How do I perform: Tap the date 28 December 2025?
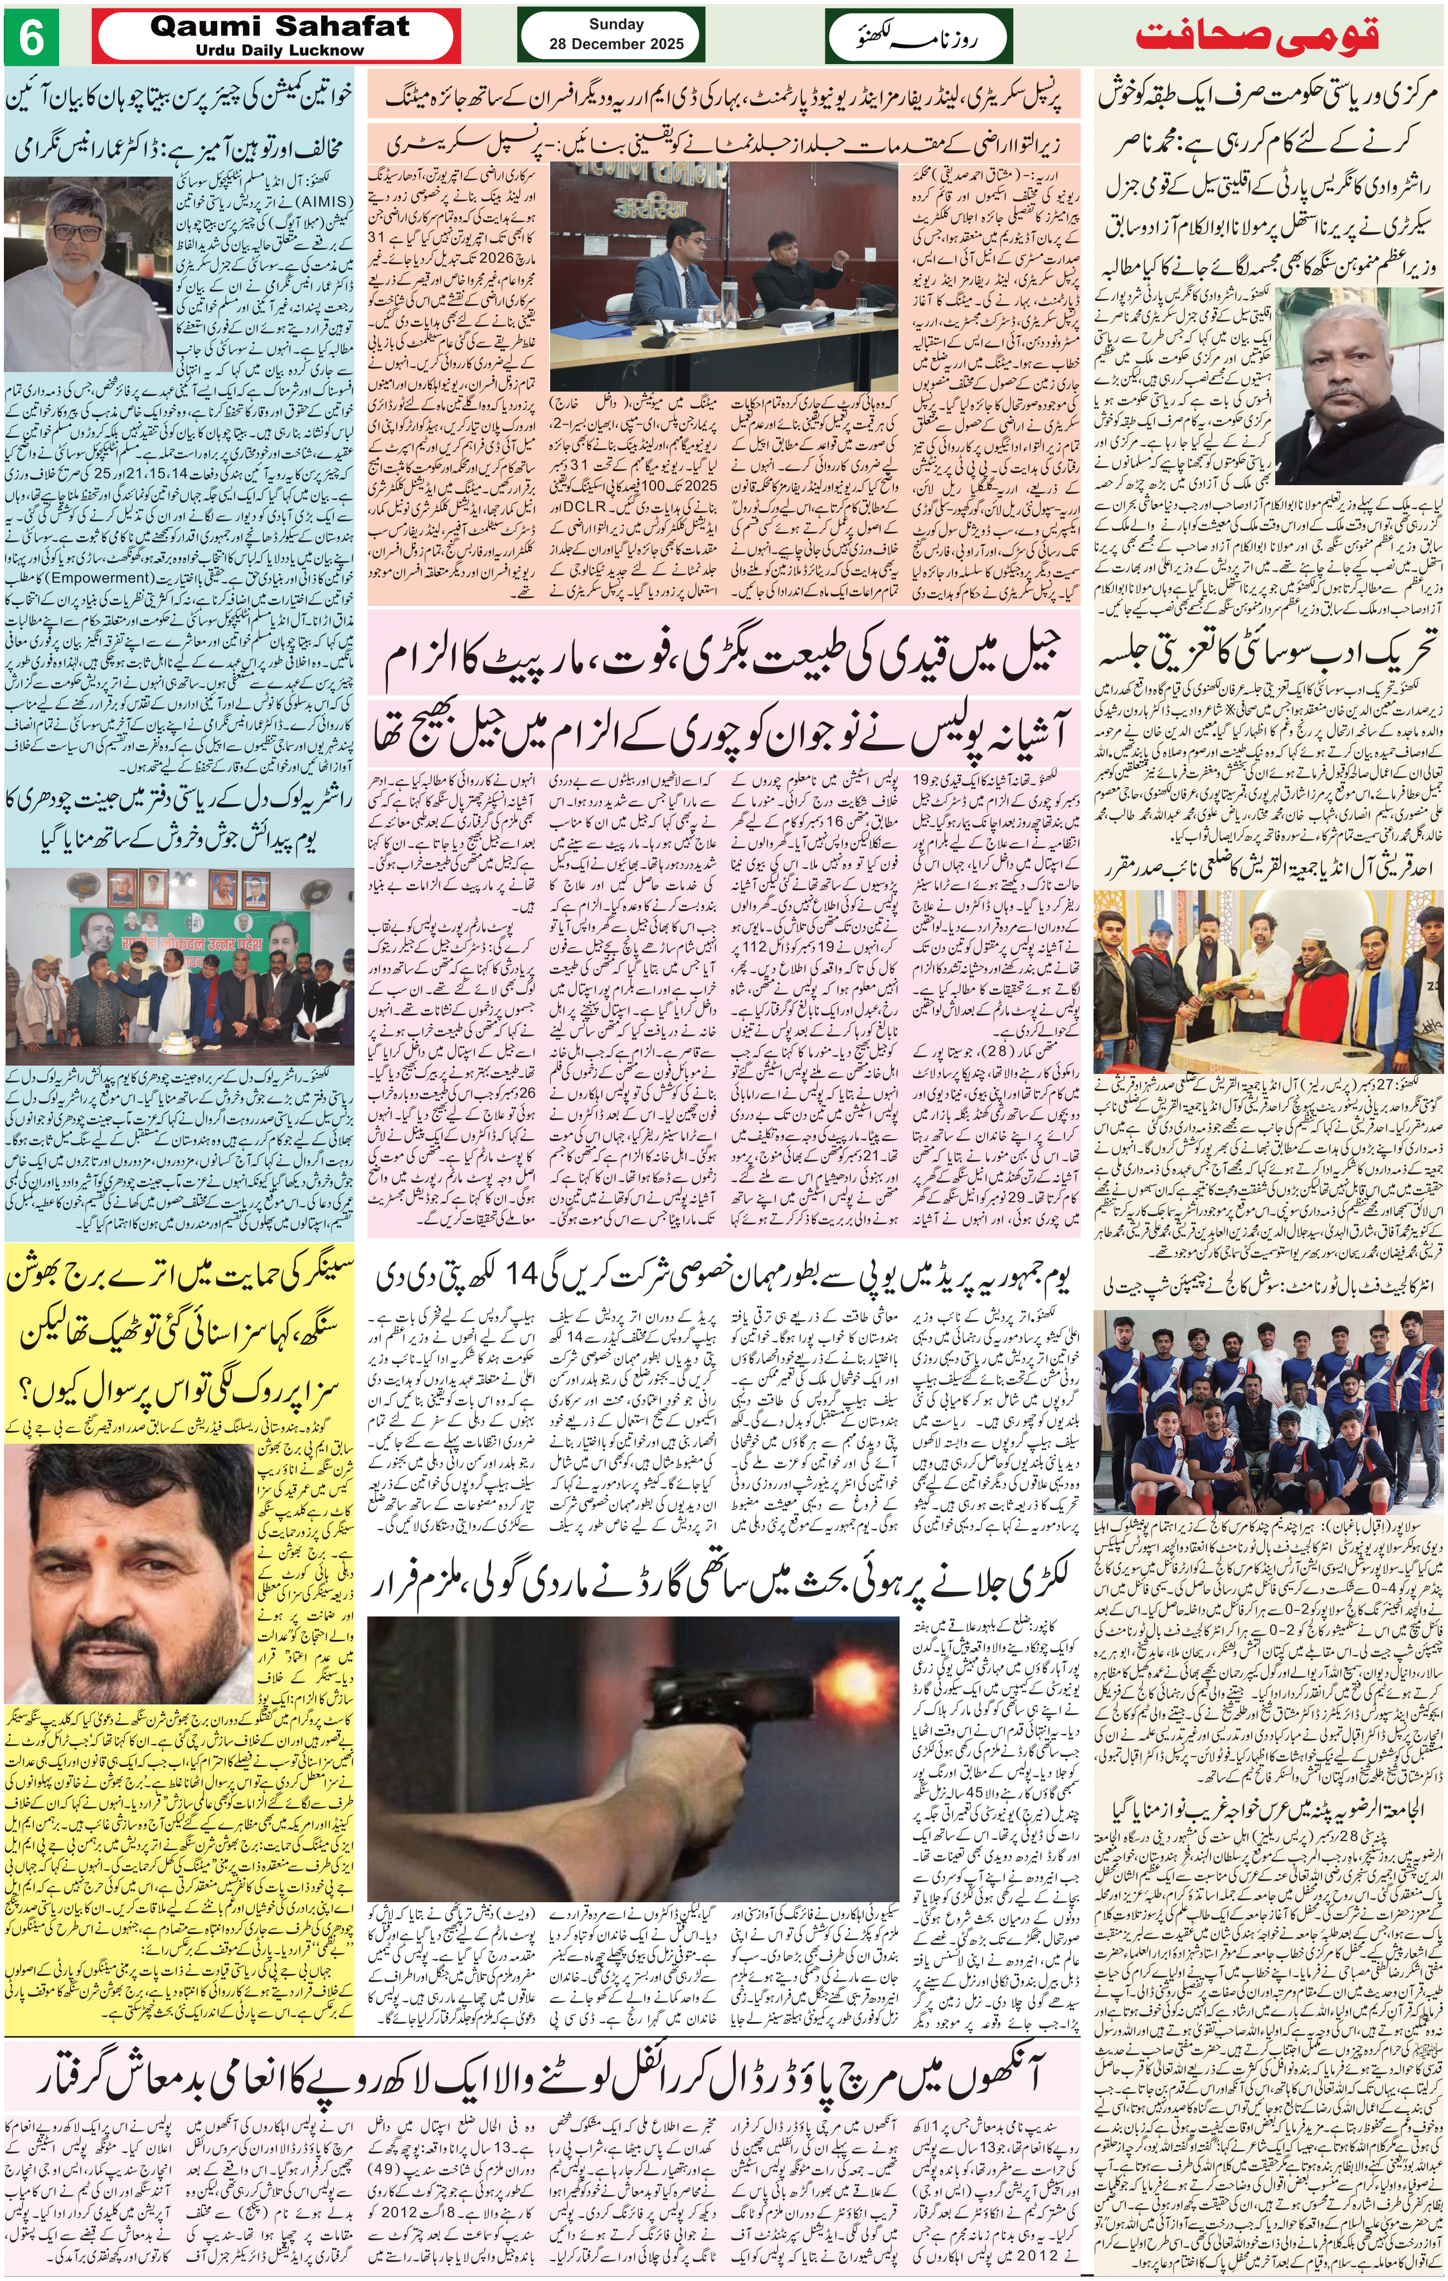pyautogui.click(x=616, y=43)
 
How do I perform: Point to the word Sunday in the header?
pyautogui.click(x=616, y=25)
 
